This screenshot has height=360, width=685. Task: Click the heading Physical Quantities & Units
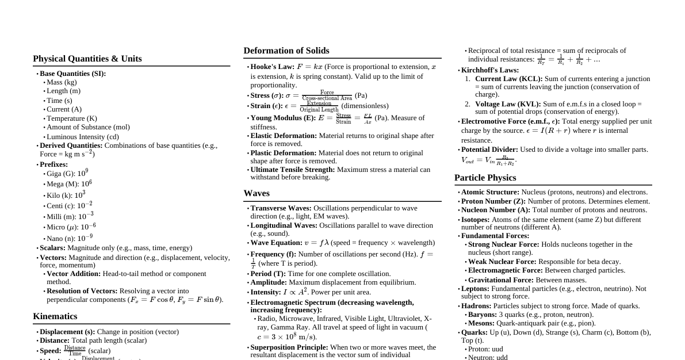pos(87,59)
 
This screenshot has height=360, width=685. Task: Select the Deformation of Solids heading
pos(286,51)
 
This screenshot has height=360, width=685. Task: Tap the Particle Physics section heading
pos(485,178)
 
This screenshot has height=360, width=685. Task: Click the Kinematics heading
pos(55,316)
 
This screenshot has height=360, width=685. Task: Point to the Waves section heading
pos(256,193)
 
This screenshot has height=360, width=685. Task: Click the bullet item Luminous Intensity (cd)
pos(82,137)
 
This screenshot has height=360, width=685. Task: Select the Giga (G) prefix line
pos(67,173)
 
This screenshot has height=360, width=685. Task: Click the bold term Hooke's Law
pos(272,67)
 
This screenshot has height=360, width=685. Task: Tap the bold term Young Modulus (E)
pos(283,118)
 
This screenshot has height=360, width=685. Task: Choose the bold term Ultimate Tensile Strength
pos(293,170)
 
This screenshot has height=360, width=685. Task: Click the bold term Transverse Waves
pos(281,208)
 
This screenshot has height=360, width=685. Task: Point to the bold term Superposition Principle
pos(289,347)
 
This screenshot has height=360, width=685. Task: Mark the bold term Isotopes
pos(475,220)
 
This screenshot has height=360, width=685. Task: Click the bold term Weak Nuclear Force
pos(502,262)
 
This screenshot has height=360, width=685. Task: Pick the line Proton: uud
pos(485,349)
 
